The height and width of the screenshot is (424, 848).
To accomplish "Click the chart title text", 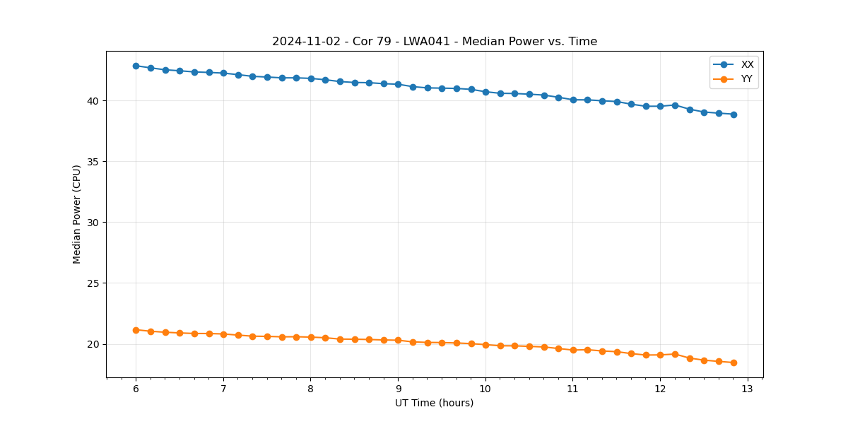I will pyautogui.click(x=435, y=42).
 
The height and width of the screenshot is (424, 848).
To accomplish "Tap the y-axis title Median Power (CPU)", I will pyautogui.click(x=77, y=214).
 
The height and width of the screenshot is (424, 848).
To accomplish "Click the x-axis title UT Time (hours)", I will pyautogui.click(x=434, y=403).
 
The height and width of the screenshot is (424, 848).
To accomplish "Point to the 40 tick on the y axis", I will pyautogui.click(x=94, y=101).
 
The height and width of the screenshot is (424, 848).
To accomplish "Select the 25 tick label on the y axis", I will pyautogui.click(x=94, y=283).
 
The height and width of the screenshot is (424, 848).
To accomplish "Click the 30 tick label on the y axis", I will pyautogui.click(x=94, y=223).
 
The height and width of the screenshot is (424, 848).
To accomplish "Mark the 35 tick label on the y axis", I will pyautogui.click(x=94, y=162).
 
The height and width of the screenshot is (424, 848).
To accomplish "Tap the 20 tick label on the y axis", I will pyautogui.click(x=94, y=344).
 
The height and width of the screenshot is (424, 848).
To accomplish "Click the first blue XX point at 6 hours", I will pyautogui.click(x=136, y=66).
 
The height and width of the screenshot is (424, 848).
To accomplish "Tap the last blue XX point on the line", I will pyautogui.click(x=734, y=114).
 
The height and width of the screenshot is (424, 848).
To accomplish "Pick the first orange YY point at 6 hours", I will pyautogui.click(x=136, y=330).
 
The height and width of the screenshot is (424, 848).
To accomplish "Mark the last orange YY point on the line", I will pyautogui.click(x=734, y=363).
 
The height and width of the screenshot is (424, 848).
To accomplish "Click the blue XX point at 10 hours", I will pyautogui.click(x=485, y=92).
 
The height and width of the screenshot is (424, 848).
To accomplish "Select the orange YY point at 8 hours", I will pyautogui.click(x=311, y=337).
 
